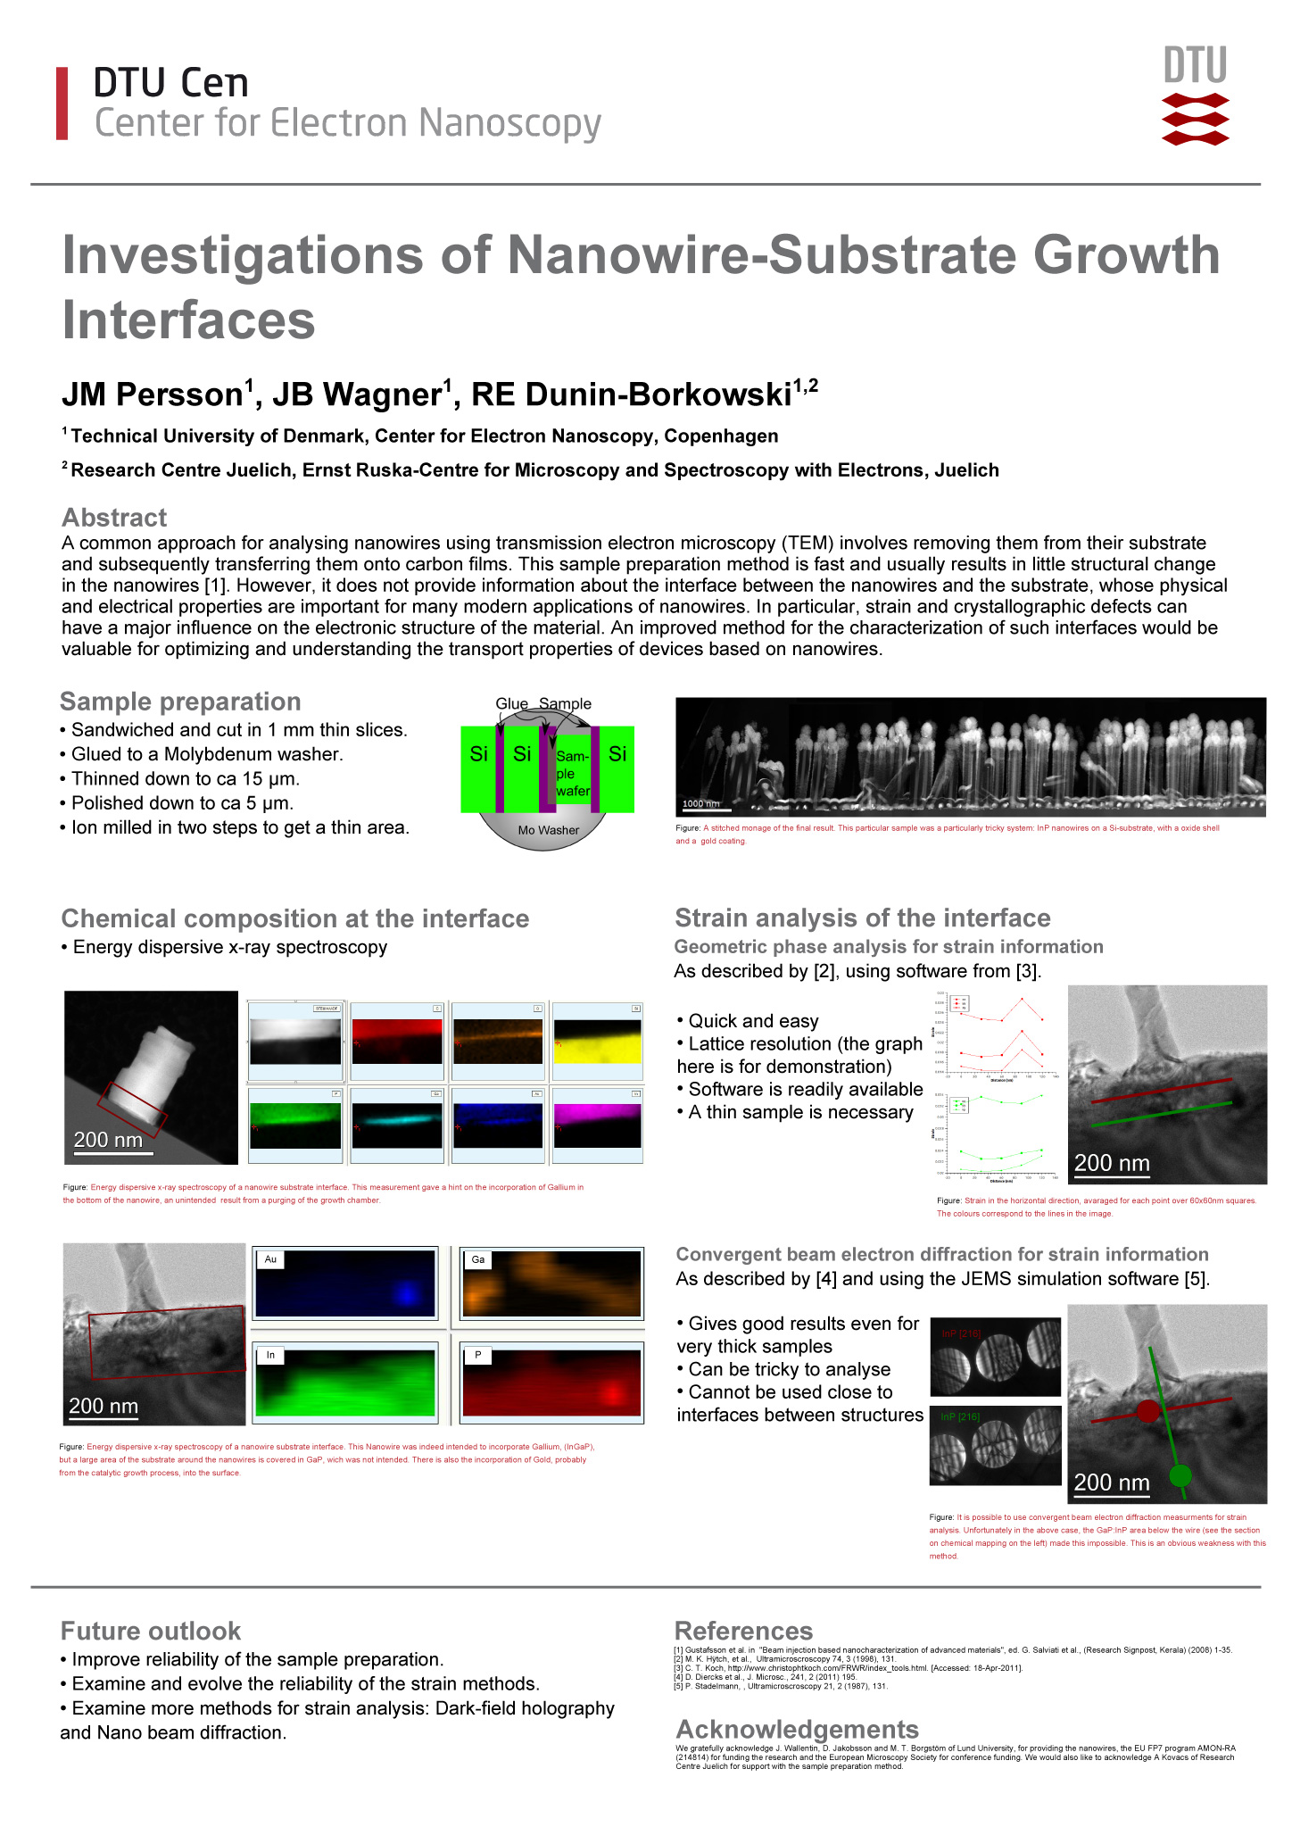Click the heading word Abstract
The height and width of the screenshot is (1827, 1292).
[114, 518]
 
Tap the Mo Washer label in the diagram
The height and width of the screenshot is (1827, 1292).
[549, 830]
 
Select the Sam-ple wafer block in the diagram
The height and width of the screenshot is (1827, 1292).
[573, 773]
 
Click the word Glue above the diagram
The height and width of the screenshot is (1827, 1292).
[512, 704]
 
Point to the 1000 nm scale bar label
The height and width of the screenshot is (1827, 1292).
[700, 804]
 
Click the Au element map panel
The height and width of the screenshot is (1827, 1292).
[345, 1283]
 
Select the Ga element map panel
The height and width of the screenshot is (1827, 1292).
[551, 1283]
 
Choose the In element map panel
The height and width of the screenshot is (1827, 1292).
[345, 1380]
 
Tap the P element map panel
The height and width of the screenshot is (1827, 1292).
[551, 1380]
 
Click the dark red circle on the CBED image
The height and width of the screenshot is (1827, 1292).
[1148, 1411]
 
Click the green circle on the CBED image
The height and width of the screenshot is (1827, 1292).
[1180, 1475]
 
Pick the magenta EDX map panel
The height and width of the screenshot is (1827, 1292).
[597, 1125]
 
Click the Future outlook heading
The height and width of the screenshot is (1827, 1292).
[151, 1632]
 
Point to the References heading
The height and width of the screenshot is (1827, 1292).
[743, 1632]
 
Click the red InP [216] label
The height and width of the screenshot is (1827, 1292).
[961, 1333]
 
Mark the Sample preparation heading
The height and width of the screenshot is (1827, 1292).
[180, 702]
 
